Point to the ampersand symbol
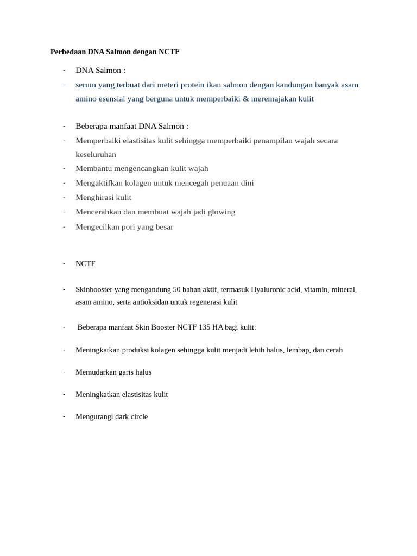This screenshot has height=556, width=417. pyautogui.click(x=245, y=99)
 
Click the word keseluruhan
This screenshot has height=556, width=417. pyautogui.click(x=96, y=155)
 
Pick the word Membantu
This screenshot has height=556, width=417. pyautogui.click(x=92, y=169)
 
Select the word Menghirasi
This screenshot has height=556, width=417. pyautogui.click(x=95, y=198)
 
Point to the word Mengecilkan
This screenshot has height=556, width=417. pyautogui.click(x=98, y=227)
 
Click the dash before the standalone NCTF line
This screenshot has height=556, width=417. pyautogui.click(x=64, y=263)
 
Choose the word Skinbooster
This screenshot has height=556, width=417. pyautogui.click(x=95, y=290)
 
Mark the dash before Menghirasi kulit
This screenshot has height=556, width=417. pyautogui.click(x=64, y=198)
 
